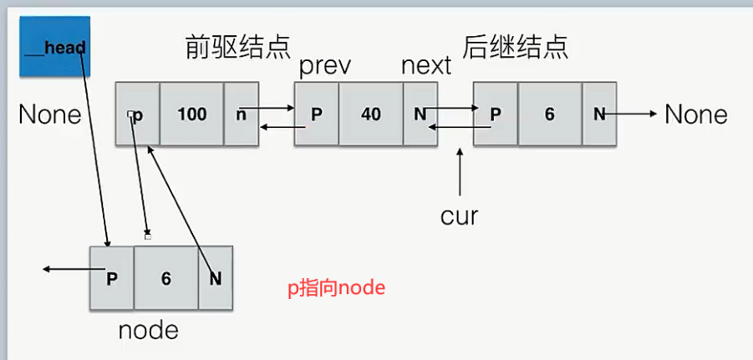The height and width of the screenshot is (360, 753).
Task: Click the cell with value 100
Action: click(192, 114)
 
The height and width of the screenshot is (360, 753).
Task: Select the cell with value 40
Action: click(370, 114)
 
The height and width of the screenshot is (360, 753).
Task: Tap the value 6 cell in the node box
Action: click(165, 278)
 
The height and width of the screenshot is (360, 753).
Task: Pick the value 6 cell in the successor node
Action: click(549, 114)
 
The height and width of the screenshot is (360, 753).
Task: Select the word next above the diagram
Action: click(426, 66)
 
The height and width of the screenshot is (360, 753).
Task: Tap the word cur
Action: click(459, 215)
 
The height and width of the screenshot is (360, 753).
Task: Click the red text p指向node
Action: click(336, 288)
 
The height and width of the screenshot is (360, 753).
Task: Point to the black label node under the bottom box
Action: click(148, 330)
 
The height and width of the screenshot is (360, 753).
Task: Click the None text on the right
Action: click(696, 114)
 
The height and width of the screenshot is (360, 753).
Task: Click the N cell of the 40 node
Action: click(420, 114)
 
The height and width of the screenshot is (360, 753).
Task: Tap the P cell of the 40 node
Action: click(317, 114)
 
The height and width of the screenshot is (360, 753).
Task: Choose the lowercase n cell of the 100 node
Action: click(242, 114)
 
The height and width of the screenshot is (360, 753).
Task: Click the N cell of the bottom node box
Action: click(215, 278)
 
